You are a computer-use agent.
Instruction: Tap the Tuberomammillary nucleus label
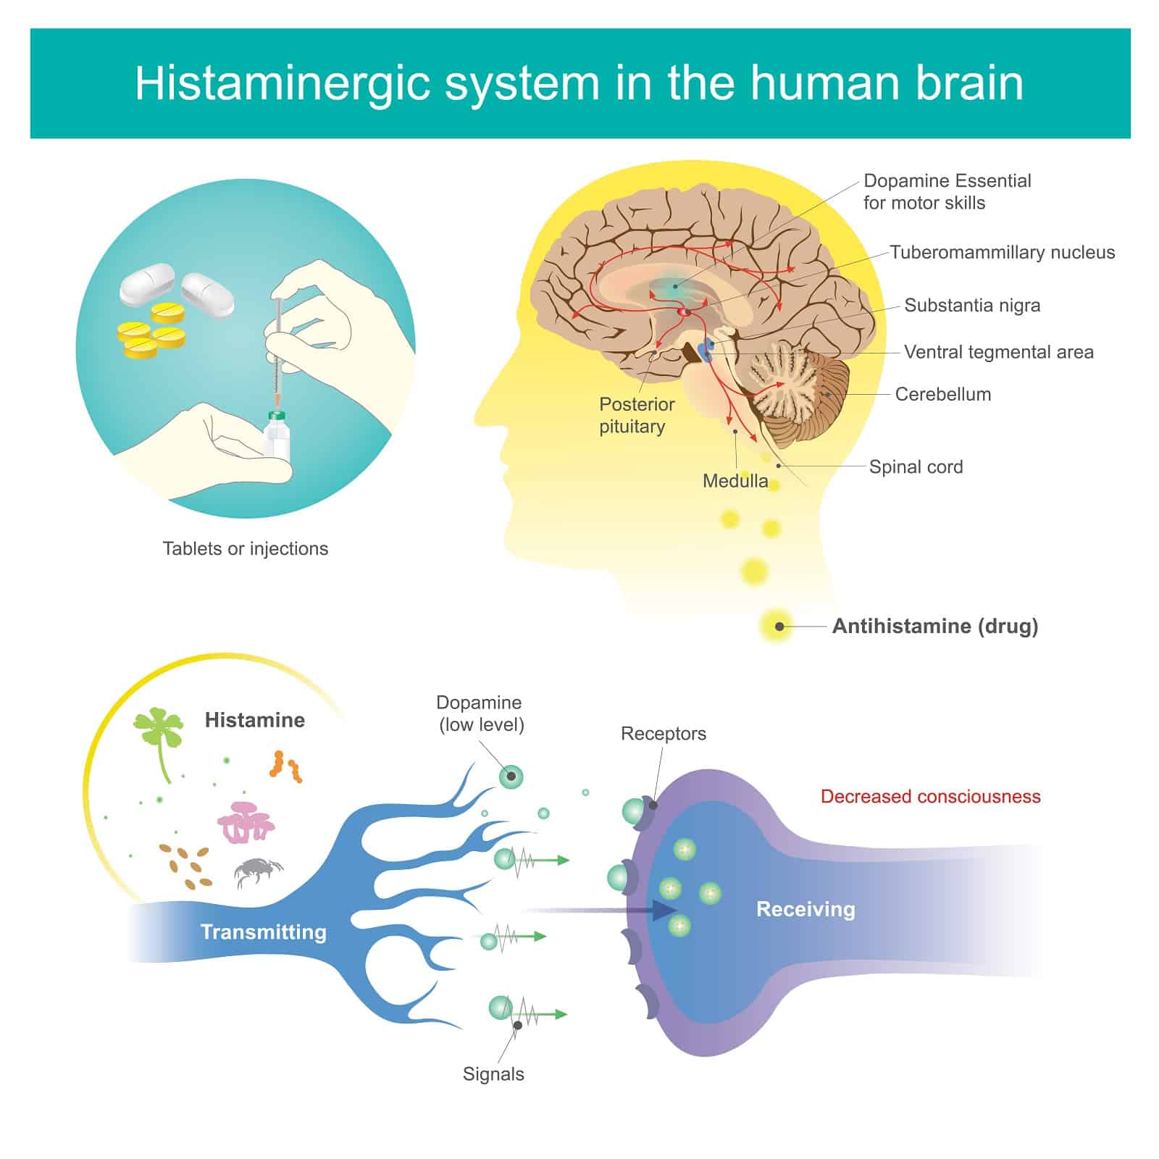1003,252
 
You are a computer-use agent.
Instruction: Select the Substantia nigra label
972,306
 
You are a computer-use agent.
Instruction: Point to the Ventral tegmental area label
999,352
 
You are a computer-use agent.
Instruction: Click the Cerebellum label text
943,394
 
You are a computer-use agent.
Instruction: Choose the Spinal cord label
916,466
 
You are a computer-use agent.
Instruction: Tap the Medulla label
735,481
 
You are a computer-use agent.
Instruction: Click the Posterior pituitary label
637,415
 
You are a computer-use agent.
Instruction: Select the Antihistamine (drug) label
935,626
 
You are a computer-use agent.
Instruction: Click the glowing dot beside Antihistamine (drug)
779,627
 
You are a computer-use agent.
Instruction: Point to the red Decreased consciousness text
931,796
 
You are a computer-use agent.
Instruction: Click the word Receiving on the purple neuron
806,909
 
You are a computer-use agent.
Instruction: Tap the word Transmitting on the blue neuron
264,932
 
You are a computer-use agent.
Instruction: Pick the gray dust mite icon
258,872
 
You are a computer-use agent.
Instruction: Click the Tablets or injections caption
246,548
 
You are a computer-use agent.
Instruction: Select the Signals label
493,1074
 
